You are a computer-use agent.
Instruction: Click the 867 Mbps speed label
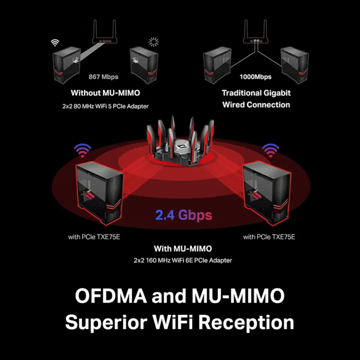[104, 77]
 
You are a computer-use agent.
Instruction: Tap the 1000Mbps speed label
[256, 77]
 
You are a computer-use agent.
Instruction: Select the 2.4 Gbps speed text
[184, 215]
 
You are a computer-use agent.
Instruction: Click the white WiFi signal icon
[55, 43]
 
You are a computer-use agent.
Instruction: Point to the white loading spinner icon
[154, 42]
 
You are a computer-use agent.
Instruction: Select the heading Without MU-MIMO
[105, 93]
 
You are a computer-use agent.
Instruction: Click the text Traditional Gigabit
[256, 93]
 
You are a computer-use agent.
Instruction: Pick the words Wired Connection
[256, 105]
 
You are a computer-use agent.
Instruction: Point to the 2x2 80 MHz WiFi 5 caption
[105, 106]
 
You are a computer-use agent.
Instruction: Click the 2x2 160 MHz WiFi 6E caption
[183, 260]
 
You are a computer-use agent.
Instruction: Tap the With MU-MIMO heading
[183, 249]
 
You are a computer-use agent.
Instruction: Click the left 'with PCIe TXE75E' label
[94, 237]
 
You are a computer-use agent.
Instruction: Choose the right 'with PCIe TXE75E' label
[269, 237]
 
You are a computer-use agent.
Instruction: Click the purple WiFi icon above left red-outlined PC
[82, 150]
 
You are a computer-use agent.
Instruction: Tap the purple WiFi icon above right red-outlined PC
[270, 150]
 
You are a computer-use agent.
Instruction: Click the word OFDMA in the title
[111, 296]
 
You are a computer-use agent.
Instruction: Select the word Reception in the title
[246, 323]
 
